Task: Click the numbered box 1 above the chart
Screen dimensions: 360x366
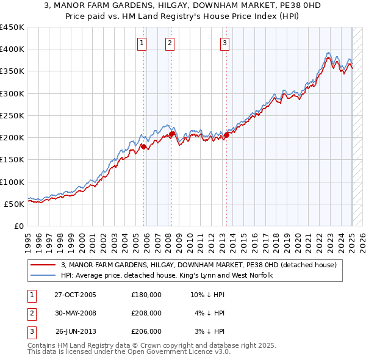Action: (x=142, y=43)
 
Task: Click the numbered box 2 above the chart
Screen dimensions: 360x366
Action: (x=169, y=43)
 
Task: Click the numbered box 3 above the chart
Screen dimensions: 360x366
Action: (x=224, y=43)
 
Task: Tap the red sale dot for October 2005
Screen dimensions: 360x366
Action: (x=144, y=146)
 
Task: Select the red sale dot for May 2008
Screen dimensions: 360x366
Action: (x=172, y=134)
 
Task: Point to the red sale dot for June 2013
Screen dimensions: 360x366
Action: (x=227, y=135)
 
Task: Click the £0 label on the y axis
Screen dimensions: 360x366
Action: (x=18, y=226)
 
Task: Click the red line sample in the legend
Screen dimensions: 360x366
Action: (x=43, y=265)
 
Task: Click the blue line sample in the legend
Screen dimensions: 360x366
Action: (x=43, y=276)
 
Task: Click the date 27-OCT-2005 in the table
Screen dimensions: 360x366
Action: (x=75, y=294)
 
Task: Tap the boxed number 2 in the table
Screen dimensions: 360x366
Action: (x=30, y=313)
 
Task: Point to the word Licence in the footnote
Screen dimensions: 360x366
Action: (x=190, y=352)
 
